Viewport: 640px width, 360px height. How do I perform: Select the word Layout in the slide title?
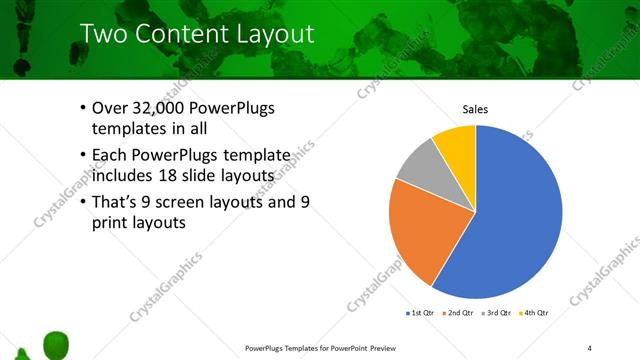[x=275, y=34]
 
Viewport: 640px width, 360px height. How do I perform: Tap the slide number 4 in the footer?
[x=590, y=348]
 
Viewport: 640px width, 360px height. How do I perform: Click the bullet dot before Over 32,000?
[x=81, y=108]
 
